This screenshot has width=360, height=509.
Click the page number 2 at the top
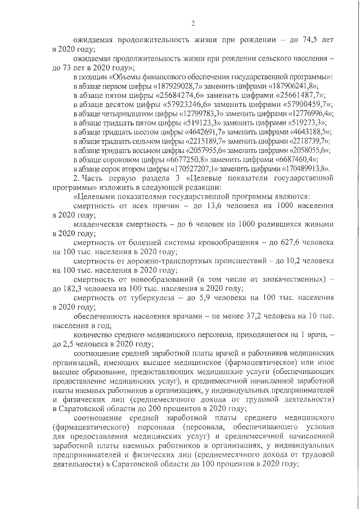192,23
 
